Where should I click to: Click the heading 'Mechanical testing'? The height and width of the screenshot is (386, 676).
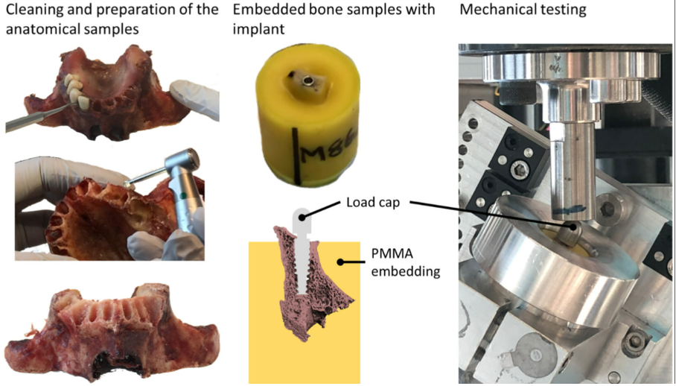[523, 10]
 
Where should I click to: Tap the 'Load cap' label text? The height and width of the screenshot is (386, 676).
[372, 203]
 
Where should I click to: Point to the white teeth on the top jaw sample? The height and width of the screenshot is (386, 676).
[74, 90]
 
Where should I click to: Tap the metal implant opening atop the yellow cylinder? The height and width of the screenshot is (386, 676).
[307, 77]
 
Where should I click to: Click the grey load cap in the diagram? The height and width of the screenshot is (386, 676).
[303, 217]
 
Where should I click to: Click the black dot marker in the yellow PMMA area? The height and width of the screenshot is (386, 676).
[340, 262]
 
